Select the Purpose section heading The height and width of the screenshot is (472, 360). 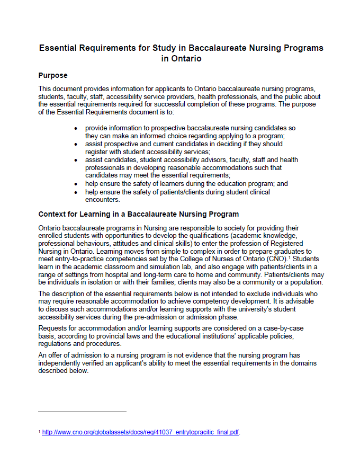pyautogui.click(x=52, y=75)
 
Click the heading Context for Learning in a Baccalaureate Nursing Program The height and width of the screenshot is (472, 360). pyautogui.click(x=138, y=214)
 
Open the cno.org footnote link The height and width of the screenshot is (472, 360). pyautogui.click(x=141, y=432)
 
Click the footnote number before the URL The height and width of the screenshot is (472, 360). pyautogui.click(x=39, y=431)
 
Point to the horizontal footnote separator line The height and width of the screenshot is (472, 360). pyautogui.click(x=82, y=412)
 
